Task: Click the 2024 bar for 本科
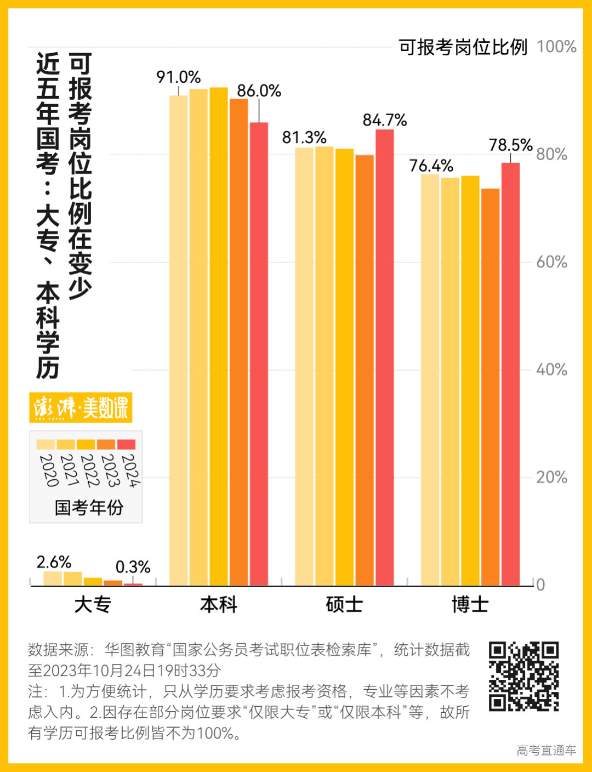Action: (x=259, y=354)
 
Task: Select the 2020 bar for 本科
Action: (x=178, y=340)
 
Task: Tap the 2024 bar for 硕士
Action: (x=385, y=357)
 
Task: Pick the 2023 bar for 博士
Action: (x=491, y=387)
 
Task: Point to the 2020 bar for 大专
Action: (x=53, y=578)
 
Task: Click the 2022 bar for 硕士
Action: (x=344, y=367)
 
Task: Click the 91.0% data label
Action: (x=178, y=77)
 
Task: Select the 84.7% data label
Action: (x=385, y=120)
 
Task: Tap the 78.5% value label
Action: (x=510, y=145)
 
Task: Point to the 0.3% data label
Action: (x=133, y=567)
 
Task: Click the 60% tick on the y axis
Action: (x=551, y=262)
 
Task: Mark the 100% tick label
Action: (x=556, y=47)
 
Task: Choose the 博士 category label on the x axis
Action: (x=470, y=605)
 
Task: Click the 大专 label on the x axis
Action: (x=93, y=605)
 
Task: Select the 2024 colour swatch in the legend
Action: (x=127, y=445)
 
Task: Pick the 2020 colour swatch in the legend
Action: (x=45, y=445)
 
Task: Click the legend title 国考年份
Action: (x=89, y=508)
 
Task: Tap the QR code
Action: (x=523, y=676)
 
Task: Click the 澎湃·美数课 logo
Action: (x=81, y=407)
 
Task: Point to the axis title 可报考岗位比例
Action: (x=463, y=47)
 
